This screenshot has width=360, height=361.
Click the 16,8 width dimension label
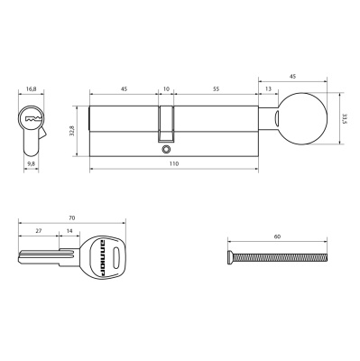pyautogui.click(x=31, y=90)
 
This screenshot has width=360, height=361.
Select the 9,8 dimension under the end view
pyautogui.click(x=31, y=164)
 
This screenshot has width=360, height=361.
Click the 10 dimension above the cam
pyautogui.click(x=165, y=90)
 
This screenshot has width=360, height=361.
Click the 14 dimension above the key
pyautogui.click(x=70, y=231)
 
